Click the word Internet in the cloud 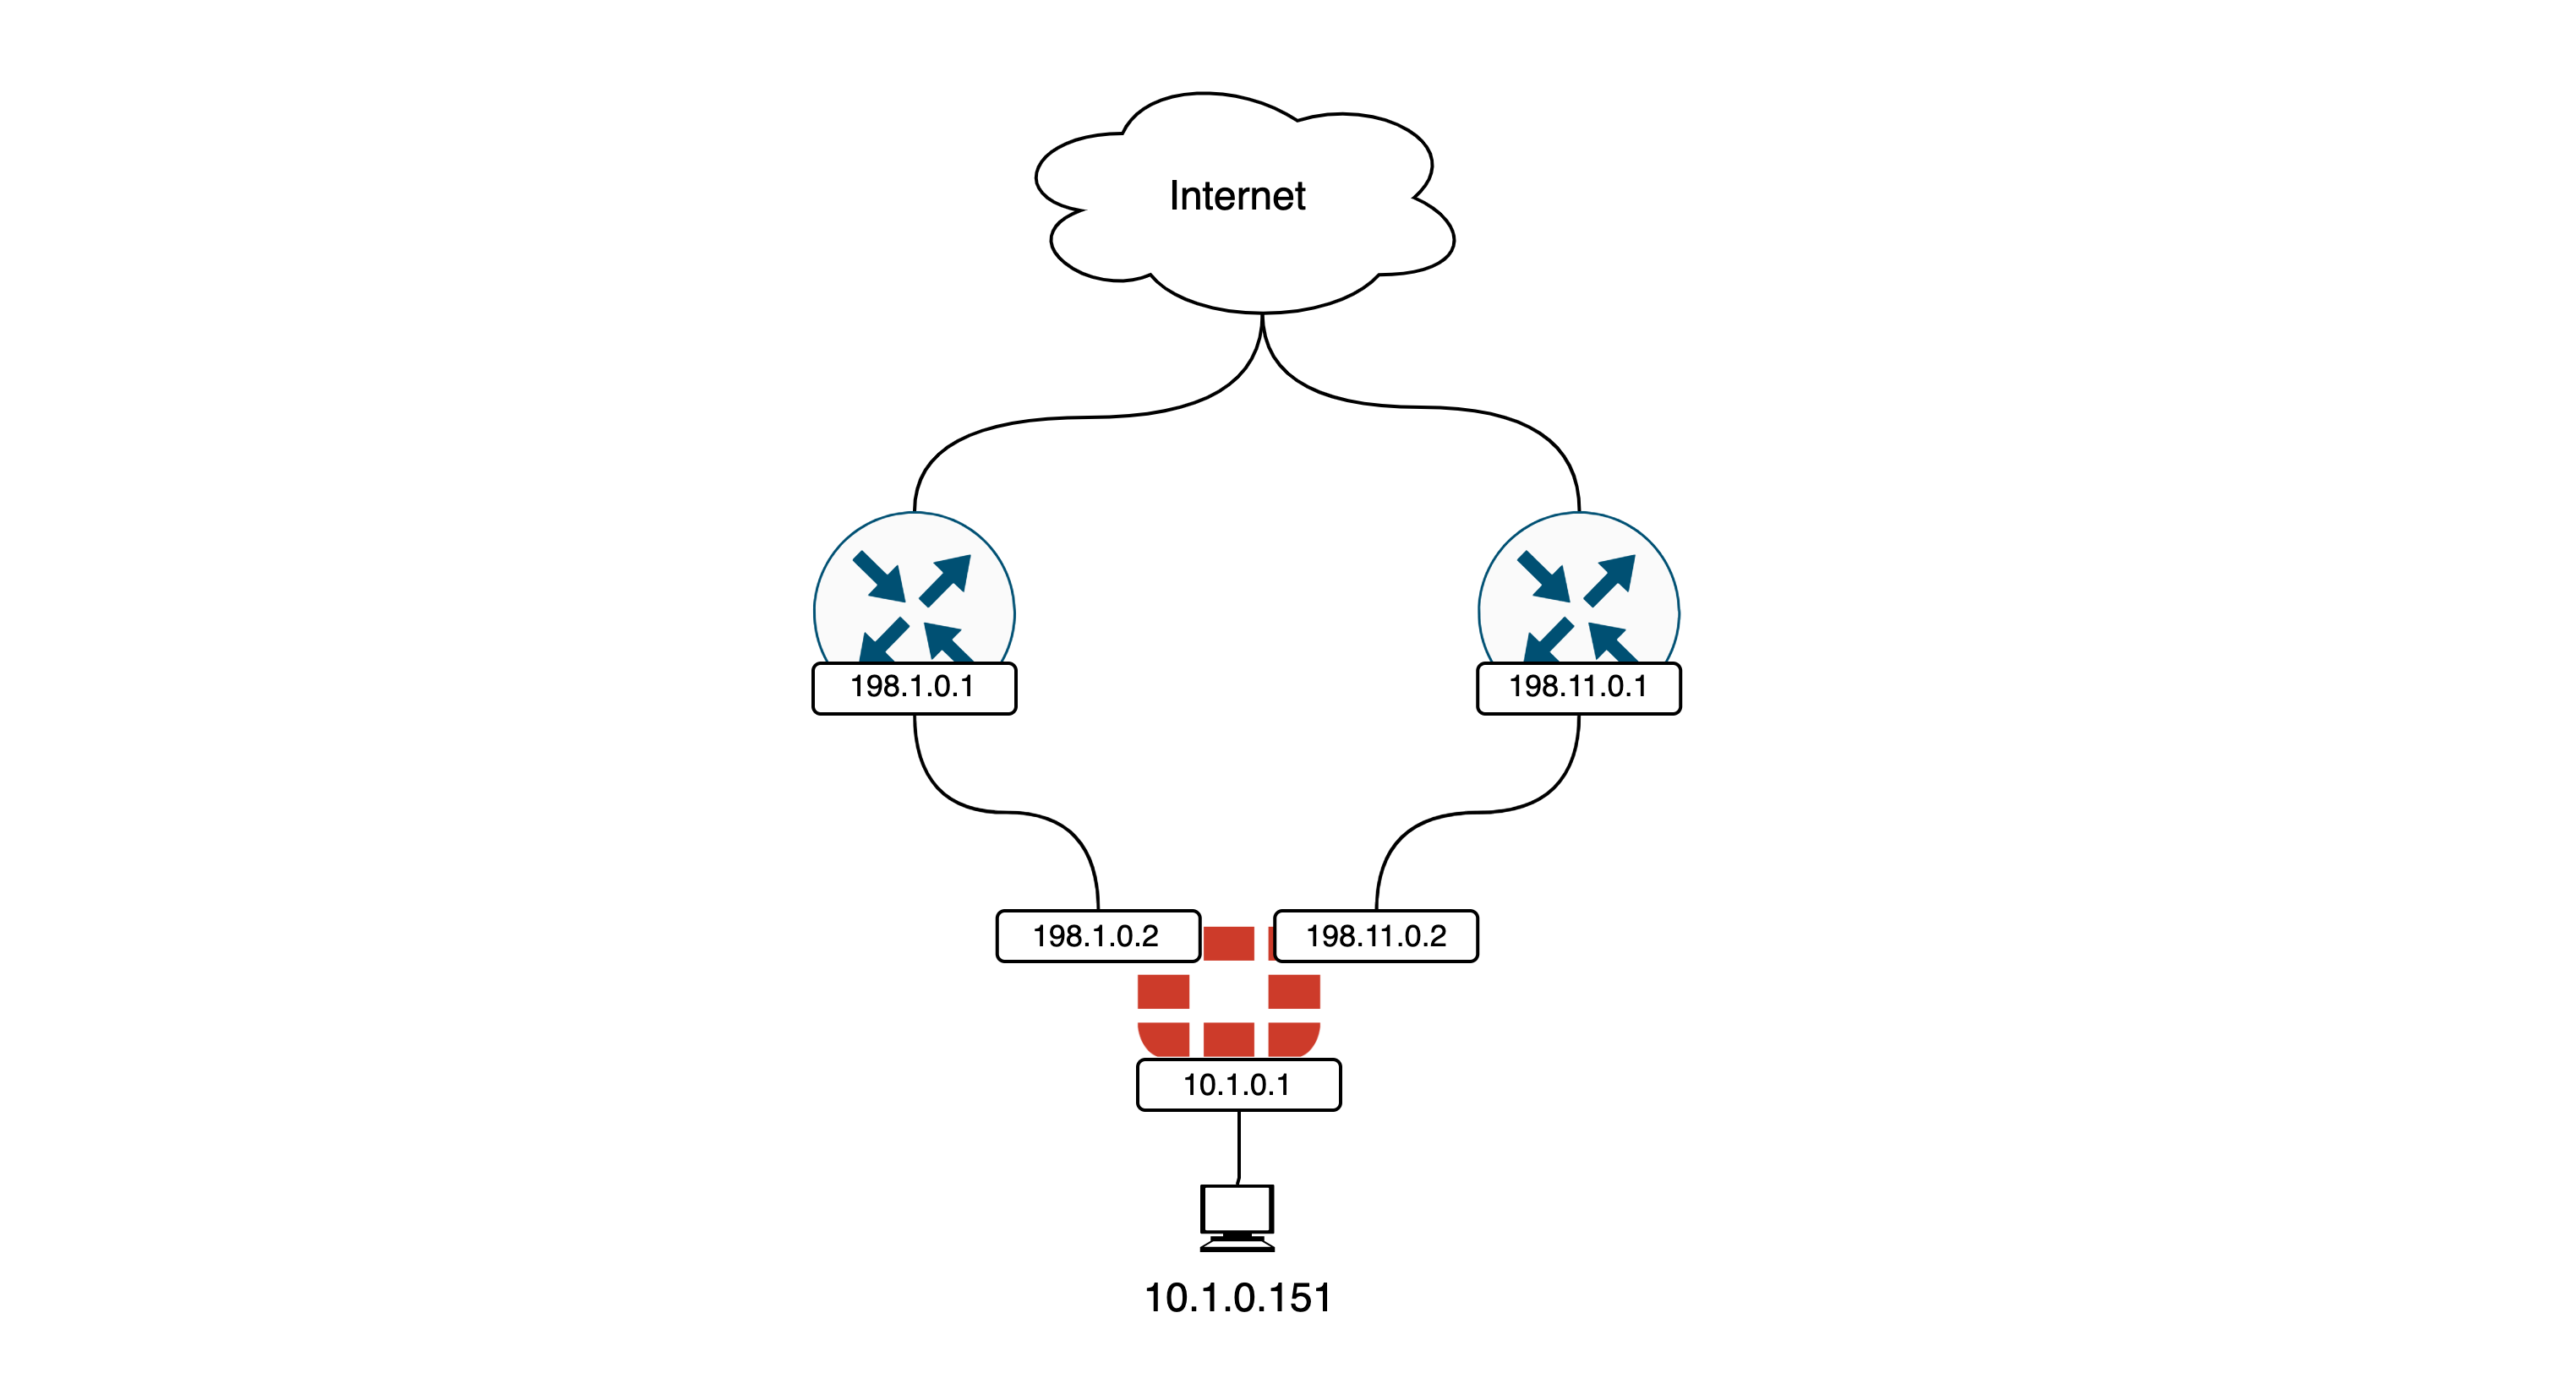click(x=1237, y=197)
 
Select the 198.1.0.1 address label click(x=914, y=688)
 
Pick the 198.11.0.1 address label click(x=1578, y=688)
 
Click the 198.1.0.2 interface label click(x=1096, y=937)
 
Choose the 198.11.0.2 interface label click(x=1376, y=937)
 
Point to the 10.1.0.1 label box click(x=1237, y=1086)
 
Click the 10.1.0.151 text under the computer click(x=1237, y=1298)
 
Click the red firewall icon click(x=1228, y=1009)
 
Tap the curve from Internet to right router click(x=1429, y=407)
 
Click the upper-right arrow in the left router click(x=947, y=579)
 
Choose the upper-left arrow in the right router click(x=1543, y=577)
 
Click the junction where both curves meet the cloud click(x=1263, y=318)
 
